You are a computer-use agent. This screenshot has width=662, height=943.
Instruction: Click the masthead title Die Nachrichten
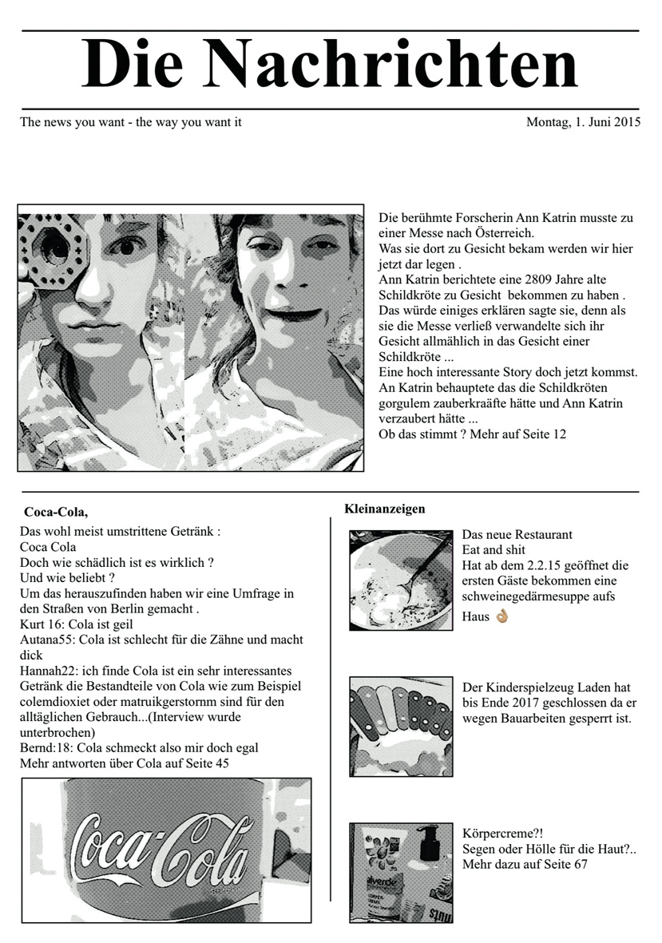click(330, 65)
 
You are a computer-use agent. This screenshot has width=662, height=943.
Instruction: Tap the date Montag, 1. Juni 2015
click(583, 123)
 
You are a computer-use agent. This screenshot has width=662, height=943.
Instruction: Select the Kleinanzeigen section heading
click(385, 509)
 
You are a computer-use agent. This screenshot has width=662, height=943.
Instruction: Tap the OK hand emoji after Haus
click(501, 617)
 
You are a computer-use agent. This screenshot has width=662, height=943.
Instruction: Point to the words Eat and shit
click(494, 550)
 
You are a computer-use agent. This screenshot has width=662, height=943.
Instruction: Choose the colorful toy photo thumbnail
click(401, 727)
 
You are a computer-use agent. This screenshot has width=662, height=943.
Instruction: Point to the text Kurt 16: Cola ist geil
click(77, 624)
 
